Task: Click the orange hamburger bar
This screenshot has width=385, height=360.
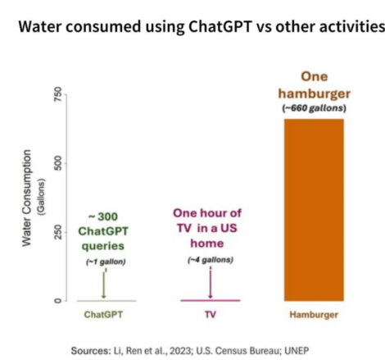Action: click(314, 210)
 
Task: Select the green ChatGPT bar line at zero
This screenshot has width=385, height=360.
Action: click(106, 301)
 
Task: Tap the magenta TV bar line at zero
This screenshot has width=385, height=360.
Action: click(211, 300)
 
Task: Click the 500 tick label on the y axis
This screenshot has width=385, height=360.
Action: click(57, 163)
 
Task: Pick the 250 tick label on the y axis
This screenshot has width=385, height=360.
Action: click(57, 232)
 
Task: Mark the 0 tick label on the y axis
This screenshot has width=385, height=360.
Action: click(57, 301)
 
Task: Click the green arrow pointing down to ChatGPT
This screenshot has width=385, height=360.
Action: click(103, 285)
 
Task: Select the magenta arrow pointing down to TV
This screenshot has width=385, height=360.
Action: click(211, 283)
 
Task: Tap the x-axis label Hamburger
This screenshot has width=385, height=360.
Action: click(314, 315)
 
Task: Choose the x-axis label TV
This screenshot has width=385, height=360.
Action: click(211, 315)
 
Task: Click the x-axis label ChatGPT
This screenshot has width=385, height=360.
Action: click(103, 315)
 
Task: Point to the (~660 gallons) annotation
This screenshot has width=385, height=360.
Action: click(314, 108)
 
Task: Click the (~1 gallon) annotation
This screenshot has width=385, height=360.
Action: click(106, 262)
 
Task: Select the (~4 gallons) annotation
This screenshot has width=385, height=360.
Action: click(211, 260)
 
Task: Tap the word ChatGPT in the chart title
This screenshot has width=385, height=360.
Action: click(220, 27)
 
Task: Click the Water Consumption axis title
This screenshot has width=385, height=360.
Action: click(26, 198)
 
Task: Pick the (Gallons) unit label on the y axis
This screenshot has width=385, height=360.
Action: click(41, 198)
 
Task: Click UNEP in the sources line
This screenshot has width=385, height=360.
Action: click(297, 351)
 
